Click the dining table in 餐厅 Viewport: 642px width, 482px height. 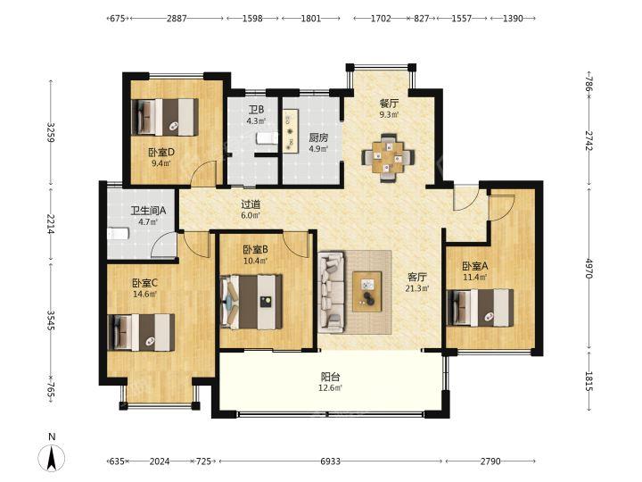(x=388, y=157)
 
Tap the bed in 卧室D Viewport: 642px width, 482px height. (x=165, y=117)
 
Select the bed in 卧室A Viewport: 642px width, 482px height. (x=480, y=308)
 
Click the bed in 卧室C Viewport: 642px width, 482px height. (x=141, y=332)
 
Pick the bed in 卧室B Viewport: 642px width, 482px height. (x=251, y=302)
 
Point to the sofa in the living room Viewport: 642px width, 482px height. (x=332, y=292)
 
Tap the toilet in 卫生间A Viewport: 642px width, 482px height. (x=119, y=234)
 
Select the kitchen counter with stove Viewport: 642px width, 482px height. (x=291, y=131)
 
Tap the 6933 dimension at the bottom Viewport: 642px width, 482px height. (x=330, y=461)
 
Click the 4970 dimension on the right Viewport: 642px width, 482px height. (x=588, y=268)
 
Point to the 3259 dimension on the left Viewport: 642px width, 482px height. (x=51, y=132)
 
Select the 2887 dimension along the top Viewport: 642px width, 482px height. (x=177, y=18)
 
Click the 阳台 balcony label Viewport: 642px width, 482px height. (x=330, y=377)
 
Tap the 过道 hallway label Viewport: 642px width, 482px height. (x=251, y=204)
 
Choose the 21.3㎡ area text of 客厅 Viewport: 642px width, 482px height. (x=417, y=288)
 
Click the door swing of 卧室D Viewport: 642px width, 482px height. (x=202, y=173)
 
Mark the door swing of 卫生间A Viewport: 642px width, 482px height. (x=164, y=245)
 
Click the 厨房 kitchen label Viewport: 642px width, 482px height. (x=318, y=137)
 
